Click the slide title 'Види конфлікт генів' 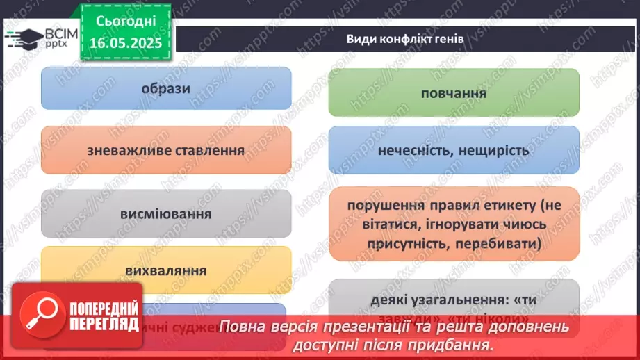(405, 39)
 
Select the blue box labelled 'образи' (165, 88)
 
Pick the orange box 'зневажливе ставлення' (165, 149)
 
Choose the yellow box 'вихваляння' (165, 269)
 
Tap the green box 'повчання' (453, 92)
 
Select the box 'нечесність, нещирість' (453, 149)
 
